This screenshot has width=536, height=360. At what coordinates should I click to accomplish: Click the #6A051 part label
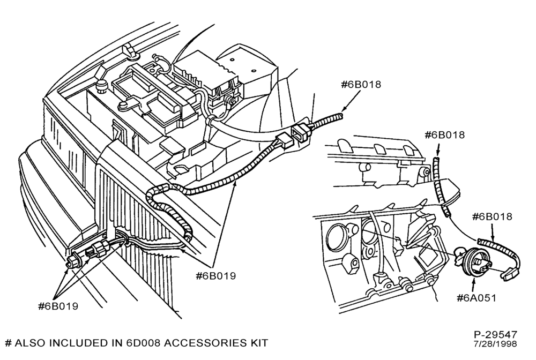pyautogui.click(x=476, y=298)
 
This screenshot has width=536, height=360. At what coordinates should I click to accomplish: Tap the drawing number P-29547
pyautogui.click(x=495, y=334)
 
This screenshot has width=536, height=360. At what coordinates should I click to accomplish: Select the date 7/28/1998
pyautogui.click(x=496, y=343)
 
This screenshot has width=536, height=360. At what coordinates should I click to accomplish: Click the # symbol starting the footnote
pyautogui.click(x=9, y=343)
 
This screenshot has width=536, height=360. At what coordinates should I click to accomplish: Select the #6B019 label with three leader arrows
pyautogui.click(x=58, y=306)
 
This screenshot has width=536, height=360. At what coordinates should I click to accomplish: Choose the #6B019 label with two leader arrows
pyautogui.click(x=215, y=276)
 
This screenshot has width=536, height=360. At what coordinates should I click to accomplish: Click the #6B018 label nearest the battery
pyautogui.click(x=361, y=84)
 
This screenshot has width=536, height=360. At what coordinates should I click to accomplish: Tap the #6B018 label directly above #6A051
pyautogui.click(x=492, y=216)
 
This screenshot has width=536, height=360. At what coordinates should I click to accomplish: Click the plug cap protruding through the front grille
pyautogui.click(x=73, y=261)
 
